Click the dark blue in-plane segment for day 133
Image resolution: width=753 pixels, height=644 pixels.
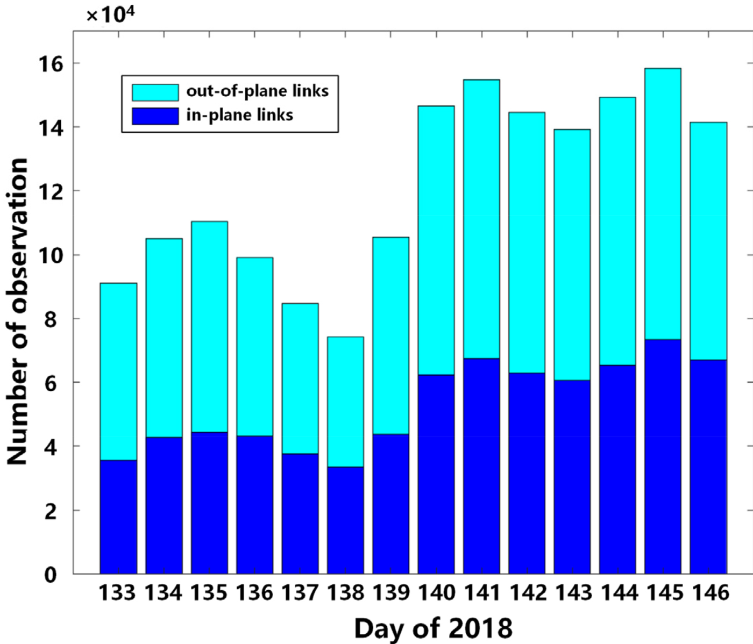point(118,517)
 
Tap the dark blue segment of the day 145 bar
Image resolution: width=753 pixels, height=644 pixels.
point(663,456)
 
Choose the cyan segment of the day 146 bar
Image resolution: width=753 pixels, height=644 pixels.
point(708,241)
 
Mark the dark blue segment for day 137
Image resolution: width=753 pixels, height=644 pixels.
point(300,513)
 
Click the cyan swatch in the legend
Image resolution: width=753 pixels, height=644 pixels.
point(155,92)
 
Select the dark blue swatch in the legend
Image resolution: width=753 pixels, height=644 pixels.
point(155,116)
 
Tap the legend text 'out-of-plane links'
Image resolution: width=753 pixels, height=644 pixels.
point(257,91)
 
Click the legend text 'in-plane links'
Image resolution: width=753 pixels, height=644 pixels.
point(240,115)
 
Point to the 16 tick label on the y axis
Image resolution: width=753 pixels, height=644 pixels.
point(50,63)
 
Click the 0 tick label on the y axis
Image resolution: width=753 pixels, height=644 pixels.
point(50,574)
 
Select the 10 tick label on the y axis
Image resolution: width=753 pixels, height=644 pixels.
point(50,255)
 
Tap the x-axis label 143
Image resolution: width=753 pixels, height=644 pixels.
point(572,593)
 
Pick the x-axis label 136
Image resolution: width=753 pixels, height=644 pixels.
point(254,593)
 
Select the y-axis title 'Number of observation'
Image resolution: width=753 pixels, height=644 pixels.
point(17,312)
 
